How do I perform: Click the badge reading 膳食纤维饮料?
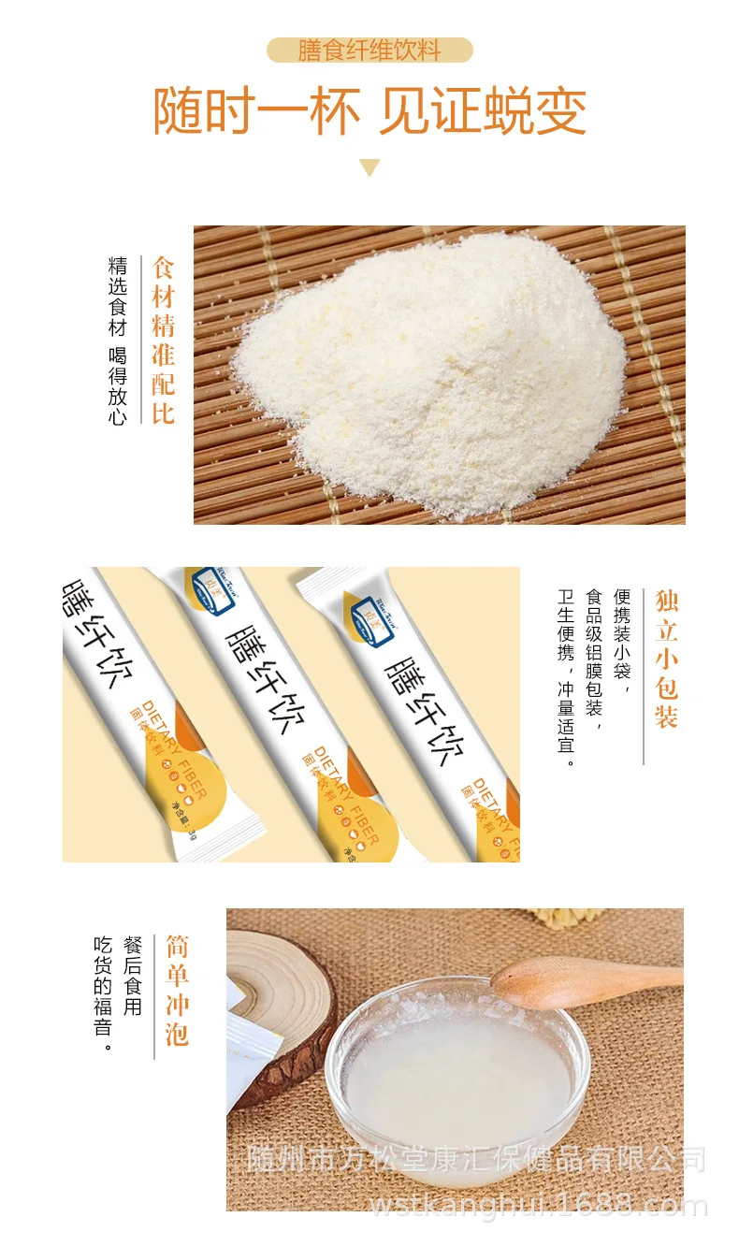(369, 50)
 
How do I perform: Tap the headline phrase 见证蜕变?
(483, 111)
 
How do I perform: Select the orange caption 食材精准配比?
(164, 340)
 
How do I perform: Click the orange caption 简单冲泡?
(177, 990)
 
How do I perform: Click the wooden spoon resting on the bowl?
(580, 978)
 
